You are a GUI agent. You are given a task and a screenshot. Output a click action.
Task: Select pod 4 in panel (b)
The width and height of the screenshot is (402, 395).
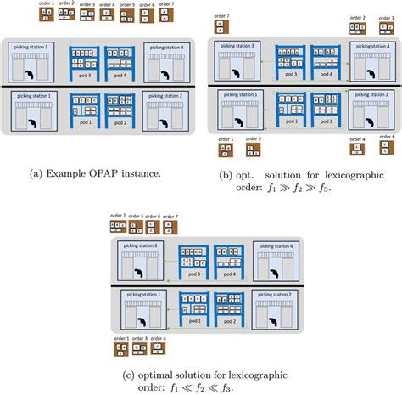[326, 63]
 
